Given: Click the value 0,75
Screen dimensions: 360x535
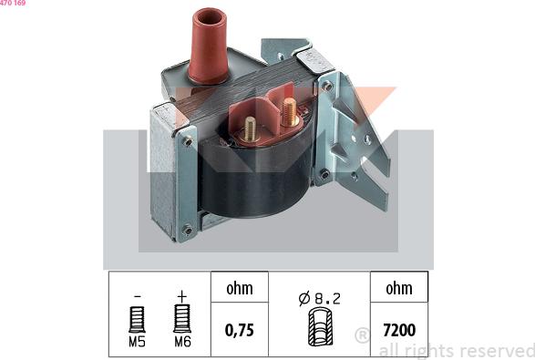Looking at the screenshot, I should (x=240, y=329).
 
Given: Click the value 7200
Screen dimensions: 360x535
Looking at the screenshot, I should (x=399, y=329).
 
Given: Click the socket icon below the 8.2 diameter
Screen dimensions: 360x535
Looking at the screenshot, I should (x=321, y=327).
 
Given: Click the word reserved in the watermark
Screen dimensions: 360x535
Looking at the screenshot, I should (x=496, y=351).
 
